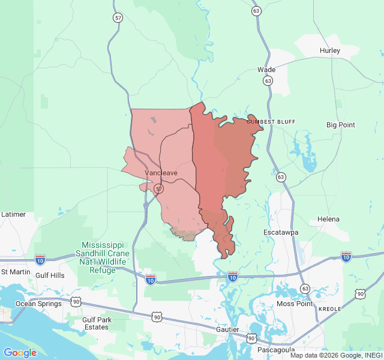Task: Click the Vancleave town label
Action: click(161, 173)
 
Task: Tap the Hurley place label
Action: click(330, 50)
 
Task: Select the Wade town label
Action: click(266, 70)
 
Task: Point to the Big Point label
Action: click(340, 125)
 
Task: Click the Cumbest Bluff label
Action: click(271, 122)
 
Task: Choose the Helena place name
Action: click(328, 219)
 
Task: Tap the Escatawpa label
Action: click(281, 232)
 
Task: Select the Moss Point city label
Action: click(293, 304)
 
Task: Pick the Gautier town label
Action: click(228, 330)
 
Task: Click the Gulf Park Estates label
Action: click(97, 323)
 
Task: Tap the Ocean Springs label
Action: click(38, 304)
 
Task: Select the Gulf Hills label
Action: click(50, 275)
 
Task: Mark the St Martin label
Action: click(16, 272)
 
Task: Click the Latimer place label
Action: click(13, 214)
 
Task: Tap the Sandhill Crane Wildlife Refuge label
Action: click(103, 258)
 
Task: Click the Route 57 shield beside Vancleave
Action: click(158, 188)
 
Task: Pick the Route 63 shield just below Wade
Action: click(268, 80)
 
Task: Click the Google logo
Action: click(20, 352)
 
